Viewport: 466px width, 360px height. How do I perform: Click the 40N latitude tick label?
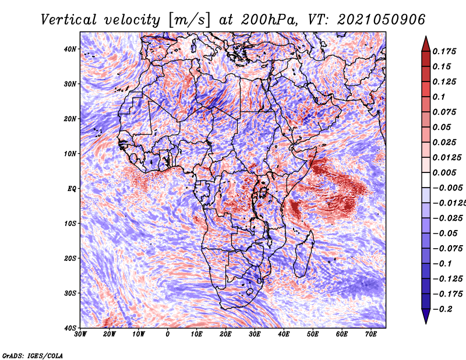click(x=70, y=49)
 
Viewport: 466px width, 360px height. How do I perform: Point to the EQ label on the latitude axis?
click(x=72, y=189)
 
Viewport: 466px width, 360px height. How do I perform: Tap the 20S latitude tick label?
click(x=70, y=258)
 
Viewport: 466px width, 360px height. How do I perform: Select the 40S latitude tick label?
click(x=70, y=328)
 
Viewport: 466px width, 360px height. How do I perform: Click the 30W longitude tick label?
click(x=80, y=334)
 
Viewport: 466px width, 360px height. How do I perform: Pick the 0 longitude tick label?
click(x=168, y=334)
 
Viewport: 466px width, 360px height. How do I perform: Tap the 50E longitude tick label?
click(x=313, y=334)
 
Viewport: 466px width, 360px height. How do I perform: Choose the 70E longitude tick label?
click(x=370, y=334)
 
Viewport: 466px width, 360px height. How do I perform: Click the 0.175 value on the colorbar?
click(x=444, y=52)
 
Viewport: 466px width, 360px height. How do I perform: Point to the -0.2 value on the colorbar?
click(x=442, y=309)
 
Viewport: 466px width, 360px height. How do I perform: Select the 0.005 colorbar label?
click(x=444, y=172)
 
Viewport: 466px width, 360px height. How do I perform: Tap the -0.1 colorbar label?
click(x=442, y=264)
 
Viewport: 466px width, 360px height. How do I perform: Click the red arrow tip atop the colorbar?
click(x=426, y=37)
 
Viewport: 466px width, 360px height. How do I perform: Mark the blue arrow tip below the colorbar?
click(x=426, y=323)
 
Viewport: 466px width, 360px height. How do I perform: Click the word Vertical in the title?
click(x=69, y=20)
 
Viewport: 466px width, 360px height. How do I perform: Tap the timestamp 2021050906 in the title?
click(x=381, y=20)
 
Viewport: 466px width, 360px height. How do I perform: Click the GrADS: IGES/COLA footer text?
click(x=33, y=356)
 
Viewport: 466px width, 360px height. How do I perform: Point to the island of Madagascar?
click(x=303, y=255)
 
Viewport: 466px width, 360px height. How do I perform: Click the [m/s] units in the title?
click(x=189, y=20)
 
